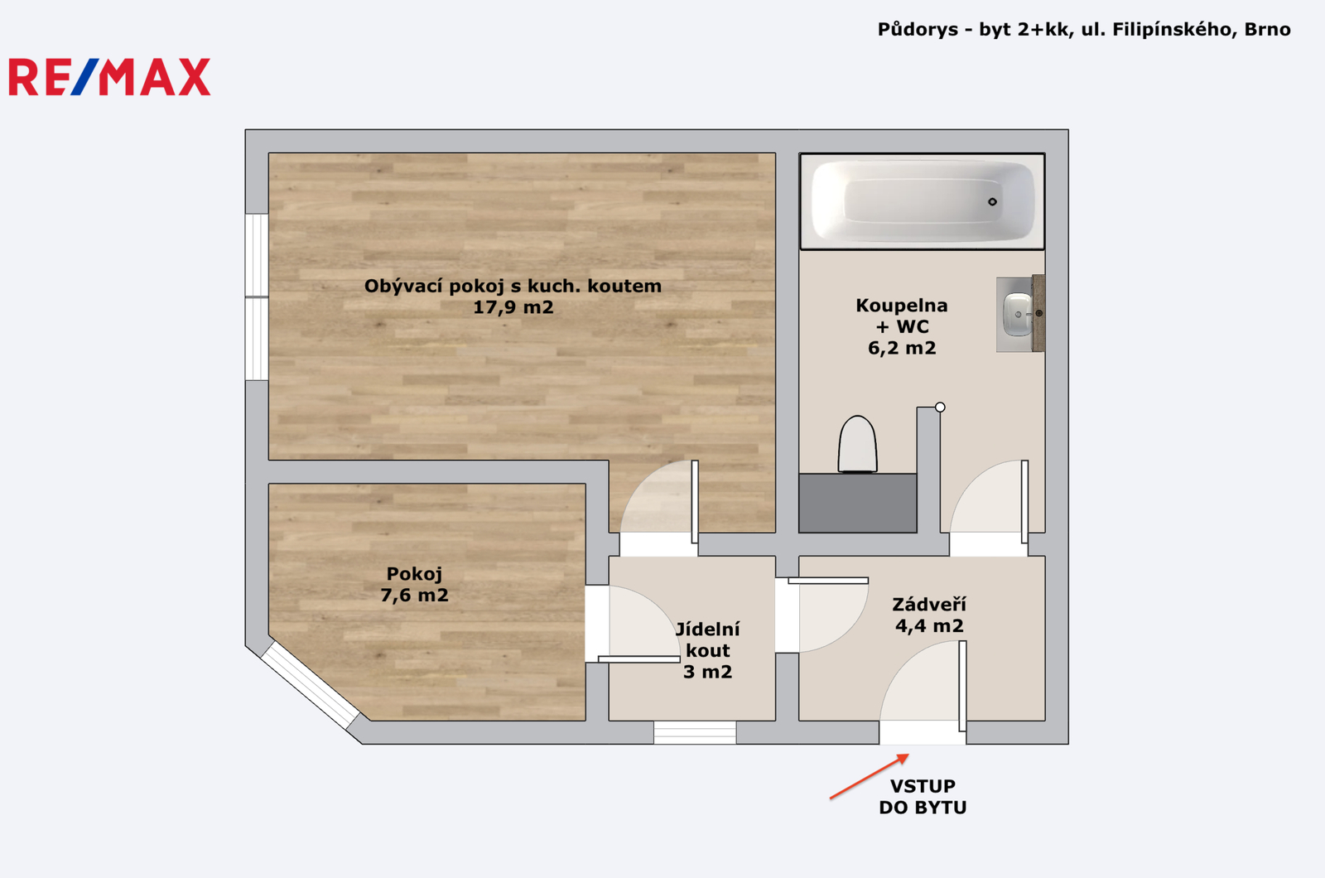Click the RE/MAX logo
click(109, 77)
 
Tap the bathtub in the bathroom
click(923, 201)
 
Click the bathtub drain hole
click(993, 202)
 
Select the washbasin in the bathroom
click(1019, 314)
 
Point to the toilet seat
click(858, 444)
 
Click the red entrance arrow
click(869, 777)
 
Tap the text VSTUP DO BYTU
click(923, 797)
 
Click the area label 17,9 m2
click(513, 307)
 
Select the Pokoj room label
click(414, 574)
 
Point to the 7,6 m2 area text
click(414, 596)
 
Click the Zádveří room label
click(929, 604)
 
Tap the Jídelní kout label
click(707, 639)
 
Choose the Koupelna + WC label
click(902, 316)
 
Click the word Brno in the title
click(1267, 30)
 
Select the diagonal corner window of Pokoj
click(310, 685)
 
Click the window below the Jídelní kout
click(695, 732)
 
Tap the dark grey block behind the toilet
click(858, 503)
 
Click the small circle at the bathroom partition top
click(940, 407)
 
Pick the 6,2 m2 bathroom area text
click(902, 348)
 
